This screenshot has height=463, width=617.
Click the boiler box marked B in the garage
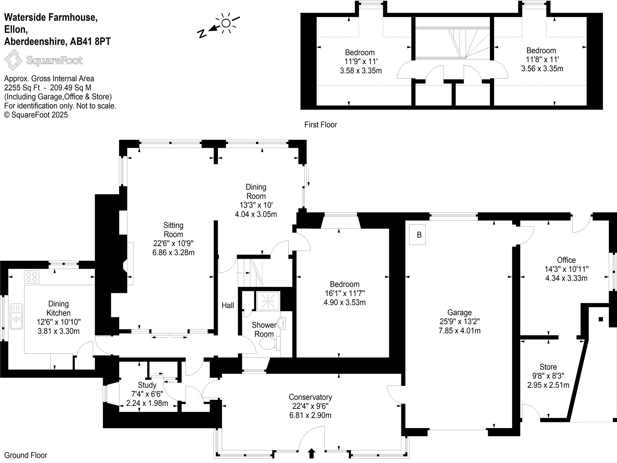coord(417,235)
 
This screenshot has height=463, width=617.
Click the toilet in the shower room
coord(268,343)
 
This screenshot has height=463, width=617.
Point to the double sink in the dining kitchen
coord(16,316)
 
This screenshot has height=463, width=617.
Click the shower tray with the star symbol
coord(268,301)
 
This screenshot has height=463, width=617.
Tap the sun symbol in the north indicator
coord(226,23)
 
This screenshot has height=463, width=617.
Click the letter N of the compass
coord(202,34)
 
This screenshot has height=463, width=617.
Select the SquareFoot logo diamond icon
coord(13,60)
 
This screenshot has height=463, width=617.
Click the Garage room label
coord(459,312)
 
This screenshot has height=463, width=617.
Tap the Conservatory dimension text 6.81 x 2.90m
coord(310,415)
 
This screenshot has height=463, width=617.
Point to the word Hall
coord(228,305)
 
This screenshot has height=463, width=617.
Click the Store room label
coord(548,367)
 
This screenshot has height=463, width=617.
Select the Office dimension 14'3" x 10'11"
coord(566,269)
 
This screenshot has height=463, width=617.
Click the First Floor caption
coord(321,125)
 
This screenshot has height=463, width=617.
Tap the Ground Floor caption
coord(26,455)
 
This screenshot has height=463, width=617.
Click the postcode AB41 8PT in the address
coord(90,41)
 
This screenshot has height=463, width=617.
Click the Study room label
coord(147,385)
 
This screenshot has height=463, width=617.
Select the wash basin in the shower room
coord(281,323)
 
